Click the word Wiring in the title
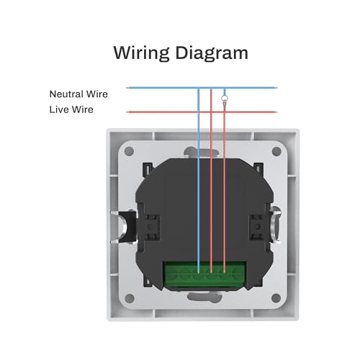pyautogui.click(x=141, y=53)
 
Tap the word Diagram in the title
pyautogui.click(x=212, y=53)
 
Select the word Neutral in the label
pyautogui.click(x=66, y=94)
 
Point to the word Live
pyautogui.click(x=59, y=109)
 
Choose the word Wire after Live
pyautogui.click(x=83, y=109)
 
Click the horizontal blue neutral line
pyautogui.click(x=202, y=88)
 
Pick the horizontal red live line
pyautogui.click(x=202, y=112)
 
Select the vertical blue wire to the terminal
pyautogui.click(x=199, y=180)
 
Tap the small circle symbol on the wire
pyautogui.click(x=225, y=98)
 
